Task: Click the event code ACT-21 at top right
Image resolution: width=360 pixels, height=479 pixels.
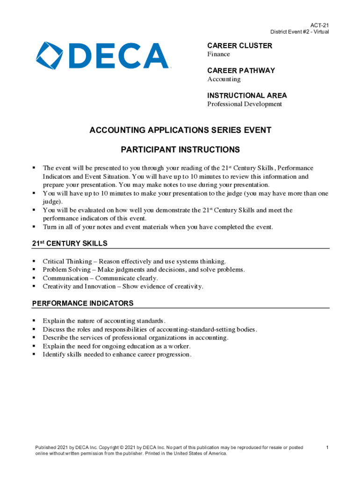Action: pyautogui.click(x=320, y=25)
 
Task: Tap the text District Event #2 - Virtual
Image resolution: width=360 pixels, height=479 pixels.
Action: pyautogui.click(x=299, y=32)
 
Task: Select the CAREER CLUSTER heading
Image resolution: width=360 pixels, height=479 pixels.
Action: pyautogui.click(x=239, y=46)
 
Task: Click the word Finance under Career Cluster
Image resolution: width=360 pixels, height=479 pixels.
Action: pyautogui.click(x=218, y=54)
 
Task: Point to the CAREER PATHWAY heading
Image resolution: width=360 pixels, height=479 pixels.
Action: pyautogui.click(x=241, y=71)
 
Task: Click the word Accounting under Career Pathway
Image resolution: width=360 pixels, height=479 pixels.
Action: pyautogui.click(x=224, y=79)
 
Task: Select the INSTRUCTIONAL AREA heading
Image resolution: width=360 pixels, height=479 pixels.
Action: pyautogui.click(x=247, y=95)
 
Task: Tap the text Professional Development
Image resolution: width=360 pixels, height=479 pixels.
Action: pyautogui.click(x=245, y=104)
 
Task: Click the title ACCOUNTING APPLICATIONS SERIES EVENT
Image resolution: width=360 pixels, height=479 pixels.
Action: pyautogui.click(x=180, y=130)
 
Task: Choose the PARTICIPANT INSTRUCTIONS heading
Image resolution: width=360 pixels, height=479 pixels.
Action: pyautogui.click(x=180, y=150)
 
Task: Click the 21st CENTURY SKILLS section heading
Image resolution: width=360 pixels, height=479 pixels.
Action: pyautogui.click(x=70, y=243)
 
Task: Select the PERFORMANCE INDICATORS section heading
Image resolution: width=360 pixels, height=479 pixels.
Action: pyautogui.click(x=83, y=303)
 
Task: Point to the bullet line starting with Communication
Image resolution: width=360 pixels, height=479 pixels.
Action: pyautogui.click(x=100, y=278)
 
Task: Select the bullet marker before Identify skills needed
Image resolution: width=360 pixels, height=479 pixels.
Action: pyautogui.click(x=34, y=355)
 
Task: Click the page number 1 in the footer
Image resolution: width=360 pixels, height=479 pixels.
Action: pyautogui.click(x=327, y=448)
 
